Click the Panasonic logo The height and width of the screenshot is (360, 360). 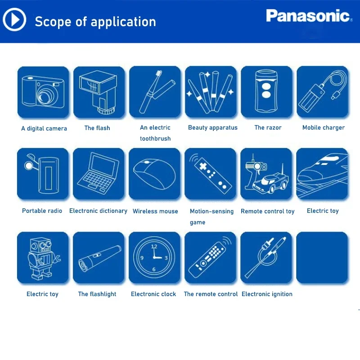coord(308,16)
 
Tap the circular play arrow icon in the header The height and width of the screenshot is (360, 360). coord(15,20)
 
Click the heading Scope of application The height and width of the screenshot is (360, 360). coord(95,22)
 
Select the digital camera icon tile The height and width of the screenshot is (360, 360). coord(43,92)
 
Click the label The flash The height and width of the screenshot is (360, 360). coord(97,128)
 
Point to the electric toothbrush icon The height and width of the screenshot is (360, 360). coord(155,92)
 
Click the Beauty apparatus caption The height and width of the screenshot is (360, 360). coord(212,128)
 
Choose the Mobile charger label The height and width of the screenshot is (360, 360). coord(323,128)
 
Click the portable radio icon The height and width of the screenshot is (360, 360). coord(43,174)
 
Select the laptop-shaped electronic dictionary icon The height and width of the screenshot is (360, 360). coord(99,174)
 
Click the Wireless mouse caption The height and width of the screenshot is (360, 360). coord(155,211)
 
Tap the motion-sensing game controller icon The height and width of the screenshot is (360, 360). coord(211,174)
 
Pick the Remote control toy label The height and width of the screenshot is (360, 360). coord(267,211)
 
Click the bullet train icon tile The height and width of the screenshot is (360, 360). coord(322,174)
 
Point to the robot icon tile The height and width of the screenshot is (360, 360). coord(43,258)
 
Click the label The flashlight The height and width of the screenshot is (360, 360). coord(97,294)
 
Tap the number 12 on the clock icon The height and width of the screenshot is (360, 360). coord(154,247)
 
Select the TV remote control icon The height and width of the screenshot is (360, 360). coord(211,258)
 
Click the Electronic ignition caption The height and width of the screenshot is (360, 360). coord(267,294)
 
